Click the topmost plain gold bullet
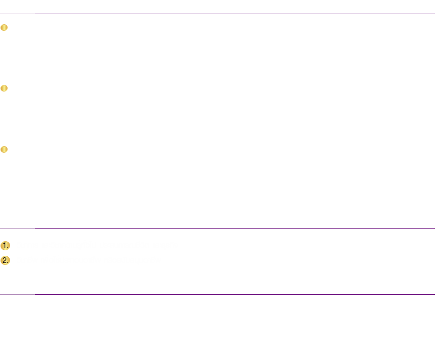coord(4,28)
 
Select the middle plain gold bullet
coord(4,88)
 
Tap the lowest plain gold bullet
coord(4,150)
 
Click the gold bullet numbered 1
coord(5,246)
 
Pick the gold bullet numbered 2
coord(5,260)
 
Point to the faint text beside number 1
coord(101,246)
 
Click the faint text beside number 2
coord(89,260)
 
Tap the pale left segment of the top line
coord(17,14)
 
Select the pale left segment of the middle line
coord(17,228)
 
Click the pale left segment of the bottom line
coord(17,294)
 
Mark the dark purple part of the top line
coord(235,14)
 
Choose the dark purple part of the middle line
coord(235,228)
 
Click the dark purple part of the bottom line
coord(235,294)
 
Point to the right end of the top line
coord(435,14)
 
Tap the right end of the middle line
coord(435,228)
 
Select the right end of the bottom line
coord(435,294)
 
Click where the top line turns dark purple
coord(35,14)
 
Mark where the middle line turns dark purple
coord(35,228)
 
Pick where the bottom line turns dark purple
coord(35,294)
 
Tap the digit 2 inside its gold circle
coord(5,260)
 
